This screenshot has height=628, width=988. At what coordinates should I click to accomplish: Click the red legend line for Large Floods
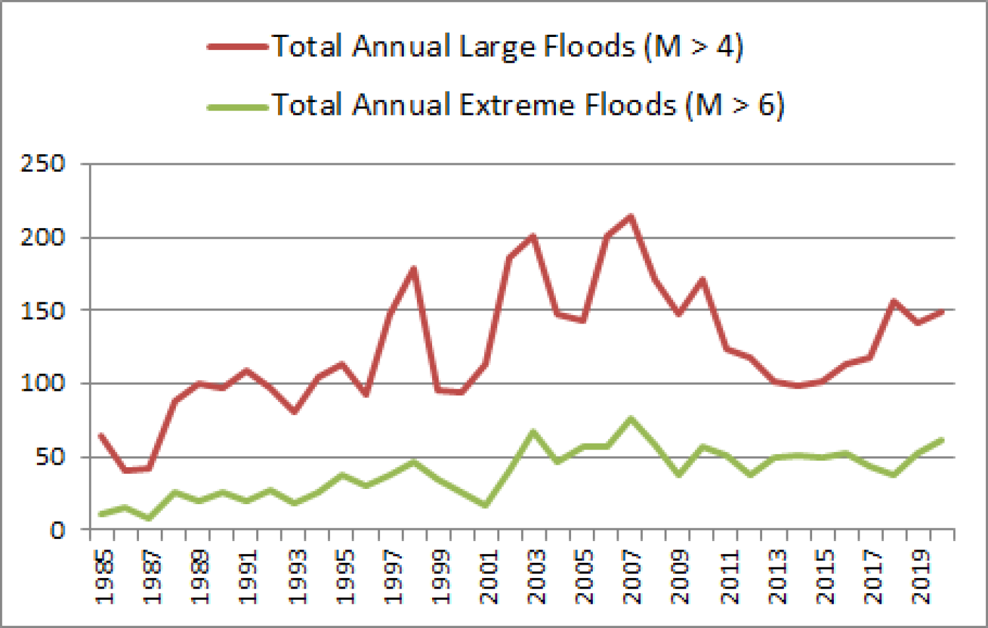point(237,47)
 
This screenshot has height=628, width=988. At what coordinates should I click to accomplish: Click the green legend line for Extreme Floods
point(237,106)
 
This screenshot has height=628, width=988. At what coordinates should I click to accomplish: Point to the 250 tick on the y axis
point(43,163)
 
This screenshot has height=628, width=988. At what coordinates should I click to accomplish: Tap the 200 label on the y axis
point(43,237)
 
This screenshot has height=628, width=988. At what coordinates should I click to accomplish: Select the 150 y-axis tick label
point(43,310)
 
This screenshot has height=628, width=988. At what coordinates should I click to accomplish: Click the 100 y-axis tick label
point(43,383)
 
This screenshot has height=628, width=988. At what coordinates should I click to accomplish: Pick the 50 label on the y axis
point(50,456)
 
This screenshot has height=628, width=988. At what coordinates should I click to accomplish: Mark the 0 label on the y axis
point(58,530)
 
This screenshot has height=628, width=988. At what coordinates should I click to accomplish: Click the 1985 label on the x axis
point(104,577)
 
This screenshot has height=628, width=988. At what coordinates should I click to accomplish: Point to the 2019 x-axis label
point(921,577)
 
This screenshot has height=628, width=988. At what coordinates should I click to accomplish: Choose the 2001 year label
point(489,577)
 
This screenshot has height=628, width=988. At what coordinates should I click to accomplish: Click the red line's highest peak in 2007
point(631,216)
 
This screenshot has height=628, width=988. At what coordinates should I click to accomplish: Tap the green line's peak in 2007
point(631,418)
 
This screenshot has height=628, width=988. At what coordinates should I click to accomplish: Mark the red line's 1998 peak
point(414,269)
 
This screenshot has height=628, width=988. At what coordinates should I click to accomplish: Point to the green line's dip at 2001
point(485,505)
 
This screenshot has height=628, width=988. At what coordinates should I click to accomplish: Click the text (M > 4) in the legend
point(694,46)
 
